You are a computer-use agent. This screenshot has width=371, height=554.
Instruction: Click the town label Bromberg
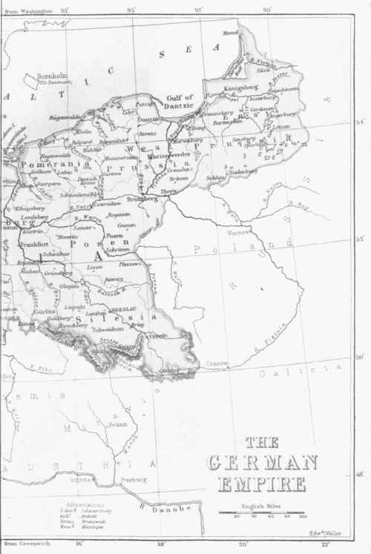click(140, 199)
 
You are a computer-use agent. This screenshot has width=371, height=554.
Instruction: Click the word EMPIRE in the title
click(261, 486)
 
